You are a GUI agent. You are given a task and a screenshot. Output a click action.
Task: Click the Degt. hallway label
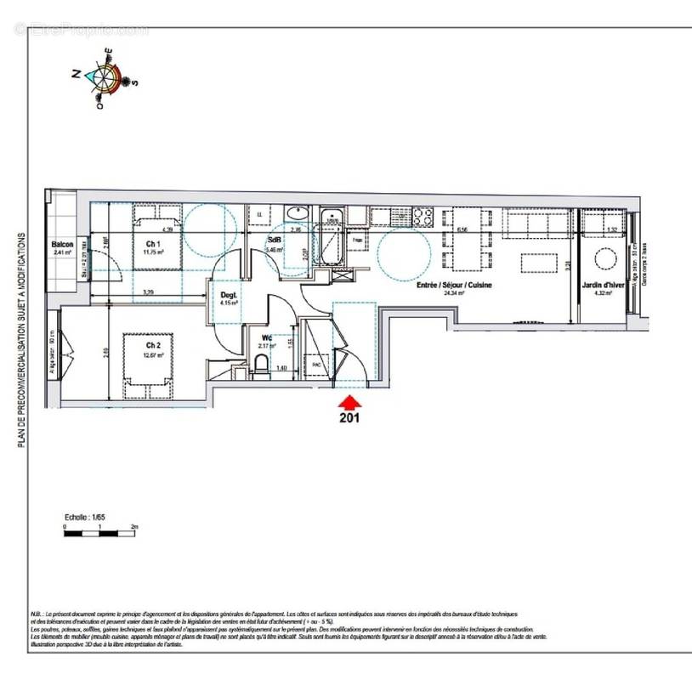[230, 294]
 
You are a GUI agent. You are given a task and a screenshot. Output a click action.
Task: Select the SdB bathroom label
[276, 240]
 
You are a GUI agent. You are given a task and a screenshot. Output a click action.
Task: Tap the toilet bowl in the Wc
[262, 366]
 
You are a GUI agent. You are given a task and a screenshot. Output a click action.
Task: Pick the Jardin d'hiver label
[604, 286]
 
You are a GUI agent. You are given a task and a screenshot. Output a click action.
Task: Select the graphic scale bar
[100, 534]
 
